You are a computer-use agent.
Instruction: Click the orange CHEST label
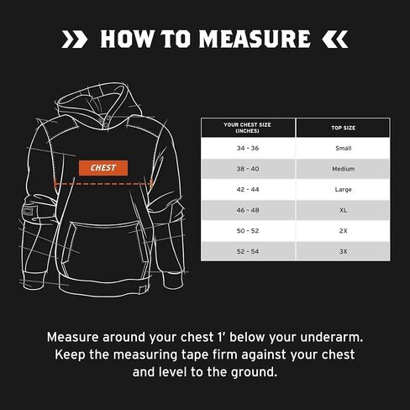[104, 167]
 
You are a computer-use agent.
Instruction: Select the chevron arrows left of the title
[74, 39]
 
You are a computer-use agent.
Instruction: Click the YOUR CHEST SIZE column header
[247, 128]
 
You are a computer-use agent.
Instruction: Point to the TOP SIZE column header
[342, 128]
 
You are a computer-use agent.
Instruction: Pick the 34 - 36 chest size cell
[247, 147]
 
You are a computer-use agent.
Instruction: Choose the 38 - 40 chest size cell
[247, 168]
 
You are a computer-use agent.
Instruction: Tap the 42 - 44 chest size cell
[247, 189]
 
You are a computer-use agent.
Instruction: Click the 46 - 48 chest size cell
[247, 210]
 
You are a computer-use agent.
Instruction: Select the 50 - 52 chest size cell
[247, 231]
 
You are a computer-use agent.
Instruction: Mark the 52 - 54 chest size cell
[247, 251]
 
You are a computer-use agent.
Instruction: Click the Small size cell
[342, 147]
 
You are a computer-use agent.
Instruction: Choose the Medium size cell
[342, 168]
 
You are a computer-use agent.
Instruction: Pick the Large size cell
[342, 189]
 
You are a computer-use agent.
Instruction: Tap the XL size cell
[342, 210]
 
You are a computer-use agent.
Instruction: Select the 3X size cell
[342, 251]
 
